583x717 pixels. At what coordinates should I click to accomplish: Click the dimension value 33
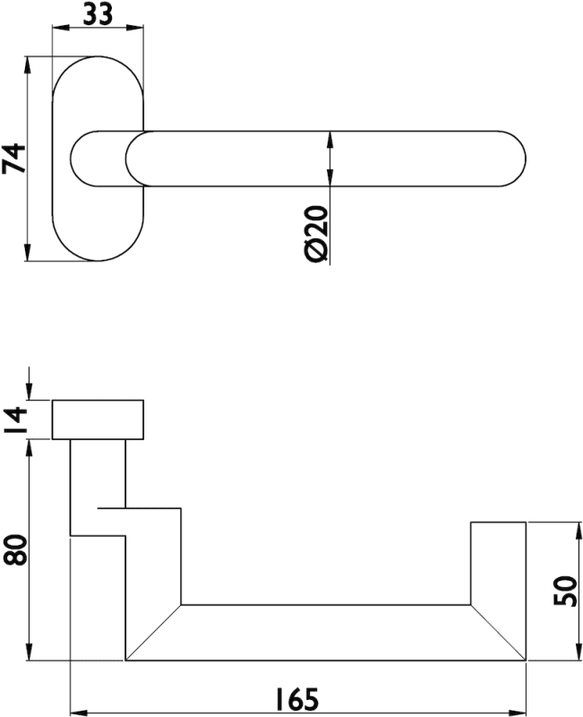pos(98,14)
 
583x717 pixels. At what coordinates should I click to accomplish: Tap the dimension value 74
pos(14,159)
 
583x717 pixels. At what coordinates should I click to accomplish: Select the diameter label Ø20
pos(316,234)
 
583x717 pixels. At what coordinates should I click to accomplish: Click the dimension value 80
pos(15,550)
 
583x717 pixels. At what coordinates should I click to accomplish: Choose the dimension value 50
pos(566,591)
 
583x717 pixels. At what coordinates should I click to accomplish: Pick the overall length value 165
pos(297,700)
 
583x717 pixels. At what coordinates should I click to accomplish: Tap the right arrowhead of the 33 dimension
pos(135,29)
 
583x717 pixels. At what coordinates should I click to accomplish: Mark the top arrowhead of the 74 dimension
pos(28,65)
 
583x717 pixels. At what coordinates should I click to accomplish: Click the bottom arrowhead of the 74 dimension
pos(28,253)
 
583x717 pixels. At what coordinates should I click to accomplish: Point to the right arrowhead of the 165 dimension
pos(518,713)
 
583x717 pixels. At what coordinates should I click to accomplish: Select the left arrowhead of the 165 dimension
pos(79,713)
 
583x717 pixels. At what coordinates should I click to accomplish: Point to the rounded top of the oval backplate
pos(98,56)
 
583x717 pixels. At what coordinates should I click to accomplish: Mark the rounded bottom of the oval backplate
pos(98,261)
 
